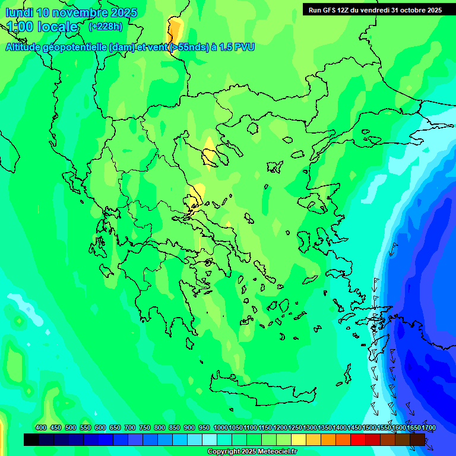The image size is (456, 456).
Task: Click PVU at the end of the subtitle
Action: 244,47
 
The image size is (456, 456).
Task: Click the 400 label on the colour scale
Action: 41,428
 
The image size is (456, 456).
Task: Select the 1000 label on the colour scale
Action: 220,428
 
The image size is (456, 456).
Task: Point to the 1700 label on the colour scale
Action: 429,428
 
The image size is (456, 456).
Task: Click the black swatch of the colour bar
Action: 31,439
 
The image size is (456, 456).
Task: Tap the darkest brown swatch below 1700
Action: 417,439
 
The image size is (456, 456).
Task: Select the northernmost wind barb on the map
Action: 392,248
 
